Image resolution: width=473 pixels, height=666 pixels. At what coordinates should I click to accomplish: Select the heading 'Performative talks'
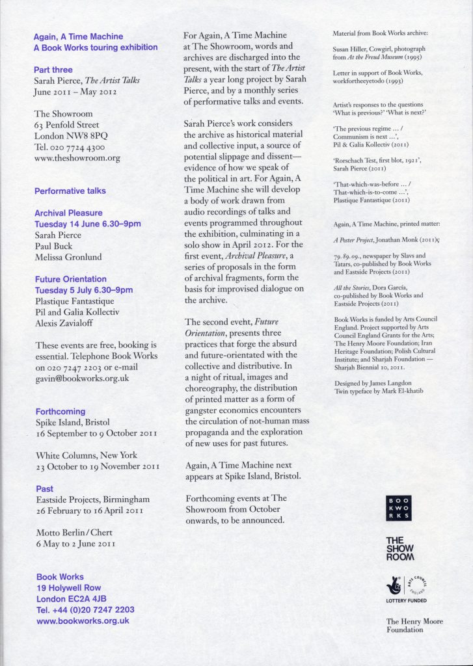70,191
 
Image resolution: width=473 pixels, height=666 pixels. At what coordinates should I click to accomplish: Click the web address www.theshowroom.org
77,157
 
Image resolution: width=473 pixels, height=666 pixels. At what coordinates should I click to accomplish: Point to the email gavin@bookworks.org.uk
82,377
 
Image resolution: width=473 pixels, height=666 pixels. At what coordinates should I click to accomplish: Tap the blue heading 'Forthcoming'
60,411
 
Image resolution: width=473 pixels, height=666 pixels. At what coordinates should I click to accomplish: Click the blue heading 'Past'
45,488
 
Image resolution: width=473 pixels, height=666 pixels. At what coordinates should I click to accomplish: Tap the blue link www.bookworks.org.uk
83,620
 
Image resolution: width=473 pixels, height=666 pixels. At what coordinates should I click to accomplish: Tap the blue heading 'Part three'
53,70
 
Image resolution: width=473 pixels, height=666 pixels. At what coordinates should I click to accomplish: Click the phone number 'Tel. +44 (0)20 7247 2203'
85,609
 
